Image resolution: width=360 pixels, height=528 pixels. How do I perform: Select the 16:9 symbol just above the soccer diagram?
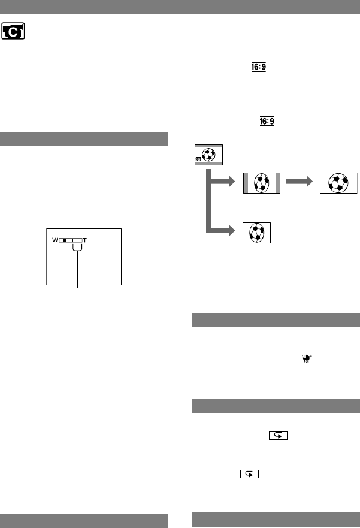click(267, 122)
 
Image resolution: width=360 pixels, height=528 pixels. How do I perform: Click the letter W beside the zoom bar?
click(55, 240)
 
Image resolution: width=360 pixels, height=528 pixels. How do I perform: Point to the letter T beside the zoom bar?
click(85, 240)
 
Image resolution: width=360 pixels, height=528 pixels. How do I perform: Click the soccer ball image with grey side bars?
click(261, 183)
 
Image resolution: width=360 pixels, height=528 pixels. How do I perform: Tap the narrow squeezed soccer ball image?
click(256, 232)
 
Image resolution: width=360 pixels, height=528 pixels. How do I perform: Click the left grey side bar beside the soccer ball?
click(247, 183)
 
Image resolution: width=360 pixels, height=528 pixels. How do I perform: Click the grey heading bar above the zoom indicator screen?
click(84, 139)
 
